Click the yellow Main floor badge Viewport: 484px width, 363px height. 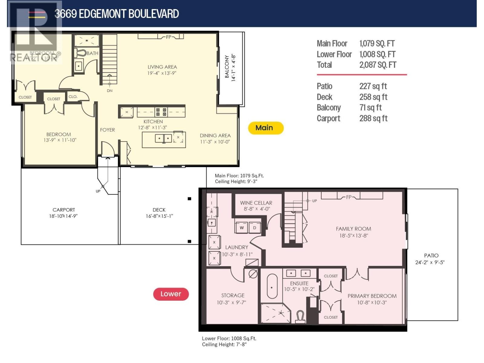pos(266,128)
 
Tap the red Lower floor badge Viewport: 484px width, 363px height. pos(171,294)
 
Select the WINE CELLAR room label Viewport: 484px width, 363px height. pos(256,203)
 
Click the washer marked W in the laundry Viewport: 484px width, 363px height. pos(242,228)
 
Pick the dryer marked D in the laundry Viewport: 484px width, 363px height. pos(255,228)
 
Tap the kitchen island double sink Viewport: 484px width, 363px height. pos(163,139)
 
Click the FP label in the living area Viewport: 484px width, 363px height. pos(168,37)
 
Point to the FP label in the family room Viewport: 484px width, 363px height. pos(349,197)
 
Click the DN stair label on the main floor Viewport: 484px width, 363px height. pos(110,90)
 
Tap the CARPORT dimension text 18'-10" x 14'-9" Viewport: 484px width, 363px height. pos(64,216)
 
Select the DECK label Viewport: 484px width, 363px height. pos(159,210)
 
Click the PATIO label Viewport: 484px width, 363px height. pos(431,256)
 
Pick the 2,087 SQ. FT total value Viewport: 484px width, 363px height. pos(378,65)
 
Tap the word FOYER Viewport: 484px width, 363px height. pos(107,130)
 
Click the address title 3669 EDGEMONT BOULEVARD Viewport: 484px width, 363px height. pos(116,14)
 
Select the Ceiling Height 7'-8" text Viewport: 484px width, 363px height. pos(224,345)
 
